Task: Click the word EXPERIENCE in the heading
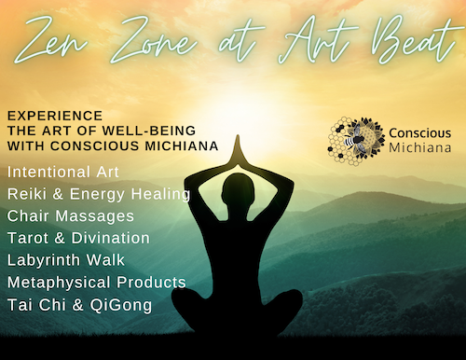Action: coord(45,114)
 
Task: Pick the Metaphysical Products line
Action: coord(96,281)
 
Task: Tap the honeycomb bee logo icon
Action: coord(356,135)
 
